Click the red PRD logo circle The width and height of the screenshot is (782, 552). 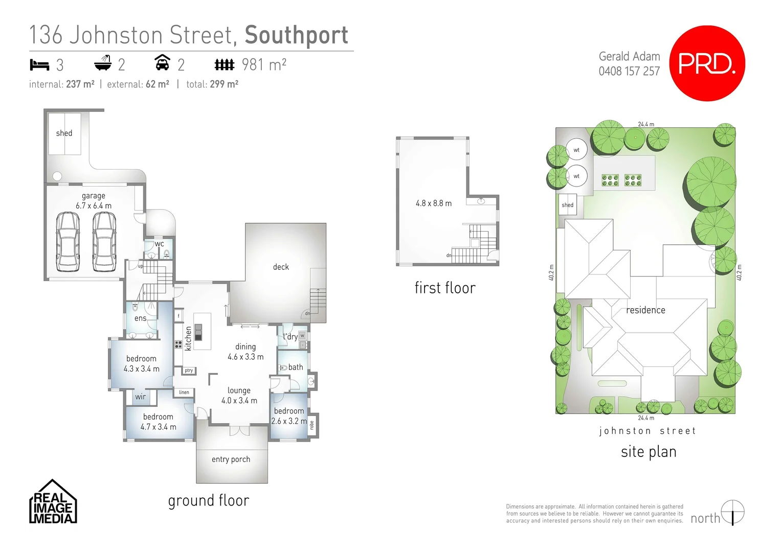(x=707, y=63)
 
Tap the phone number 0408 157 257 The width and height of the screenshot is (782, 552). (x=629, y=71)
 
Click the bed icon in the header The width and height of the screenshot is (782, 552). (x=39, y=65)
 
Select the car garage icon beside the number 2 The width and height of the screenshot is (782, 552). (x=162, y=63)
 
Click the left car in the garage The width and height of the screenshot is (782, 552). (x=68, y=242)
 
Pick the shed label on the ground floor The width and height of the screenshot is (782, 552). (x=64, y=133)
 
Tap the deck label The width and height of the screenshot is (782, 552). (x=281, y=267)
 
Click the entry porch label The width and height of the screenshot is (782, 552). (x=231, y=459)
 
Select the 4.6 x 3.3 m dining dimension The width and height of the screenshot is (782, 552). (x=245, y=357)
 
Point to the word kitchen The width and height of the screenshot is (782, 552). (x=188, y=338)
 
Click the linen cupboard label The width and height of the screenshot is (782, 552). (x=184, y=393)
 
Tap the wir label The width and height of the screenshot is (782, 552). (x=141, y=397)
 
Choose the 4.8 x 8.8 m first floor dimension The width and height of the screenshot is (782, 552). (x=434, y=203)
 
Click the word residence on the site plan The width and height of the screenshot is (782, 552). (x=645, y=310)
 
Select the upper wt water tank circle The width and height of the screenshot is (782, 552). (x=576, y=150)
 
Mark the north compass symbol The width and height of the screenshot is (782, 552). (x=732, y=513)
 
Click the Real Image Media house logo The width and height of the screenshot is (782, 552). (x=53, y=502)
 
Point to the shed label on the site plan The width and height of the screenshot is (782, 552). (x=568, y=205)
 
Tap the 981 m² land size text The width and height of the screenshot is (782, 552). (x=263, y=65)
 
